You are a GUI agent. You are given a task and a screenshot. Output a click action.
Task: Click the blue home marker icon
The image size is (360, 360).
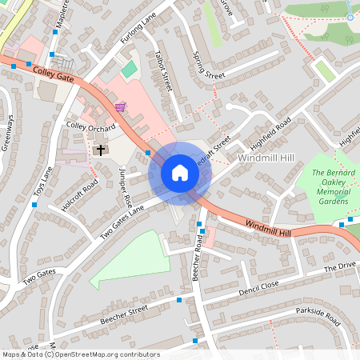tap(180, 173)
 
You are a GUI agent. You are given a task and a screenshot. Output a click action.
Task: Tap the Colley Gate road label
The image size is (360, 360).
tap(54, 76)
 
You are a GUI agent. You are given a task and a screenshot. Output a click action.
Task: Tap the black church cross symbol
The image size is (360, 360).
tap(101, 149)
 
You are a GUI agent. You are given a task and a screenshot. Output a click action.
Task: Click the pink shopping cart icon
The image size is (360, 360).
tap(120, 106)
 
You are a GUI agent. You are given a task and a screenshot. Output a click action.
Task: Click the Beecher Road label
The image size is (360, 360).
tap(198, 257)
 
